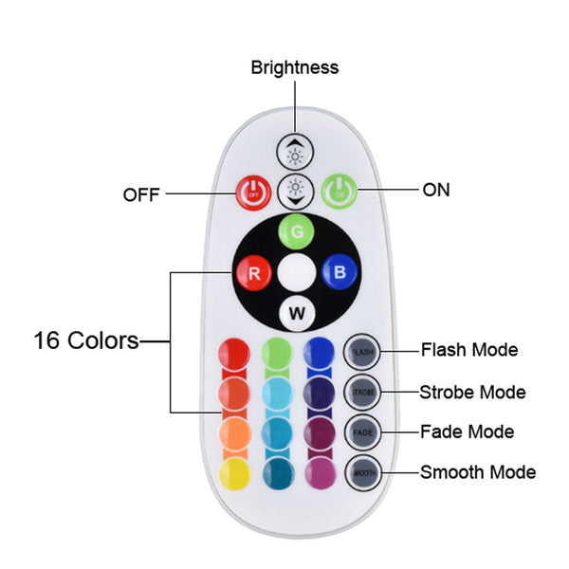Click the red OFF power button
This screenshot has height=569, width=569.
point(253,192)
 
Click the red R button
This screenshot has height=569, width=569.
point(253,273)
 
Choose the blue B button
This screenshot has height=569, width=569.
point(338,273)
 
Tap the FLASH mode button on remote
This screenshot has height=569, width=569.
point(362,351)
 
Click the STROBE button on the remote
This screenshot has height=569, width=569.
point(362,392)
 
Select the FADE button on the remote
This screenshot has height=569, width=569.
point(362,431)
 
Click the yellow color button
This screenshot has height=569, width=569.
point(235,471)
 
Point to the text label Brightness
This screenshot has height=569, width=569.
point(294,67)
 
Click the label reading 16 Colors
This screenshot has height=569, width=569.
point(86,340)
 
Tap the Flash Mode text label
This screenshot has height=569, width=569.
point(469,350)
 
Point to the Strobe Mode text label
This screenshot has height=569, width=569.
point(472,392)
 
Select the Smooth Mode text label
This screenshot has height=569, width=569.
point(478,471)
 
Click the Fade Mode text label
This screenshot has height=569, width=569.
point(468,431)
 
